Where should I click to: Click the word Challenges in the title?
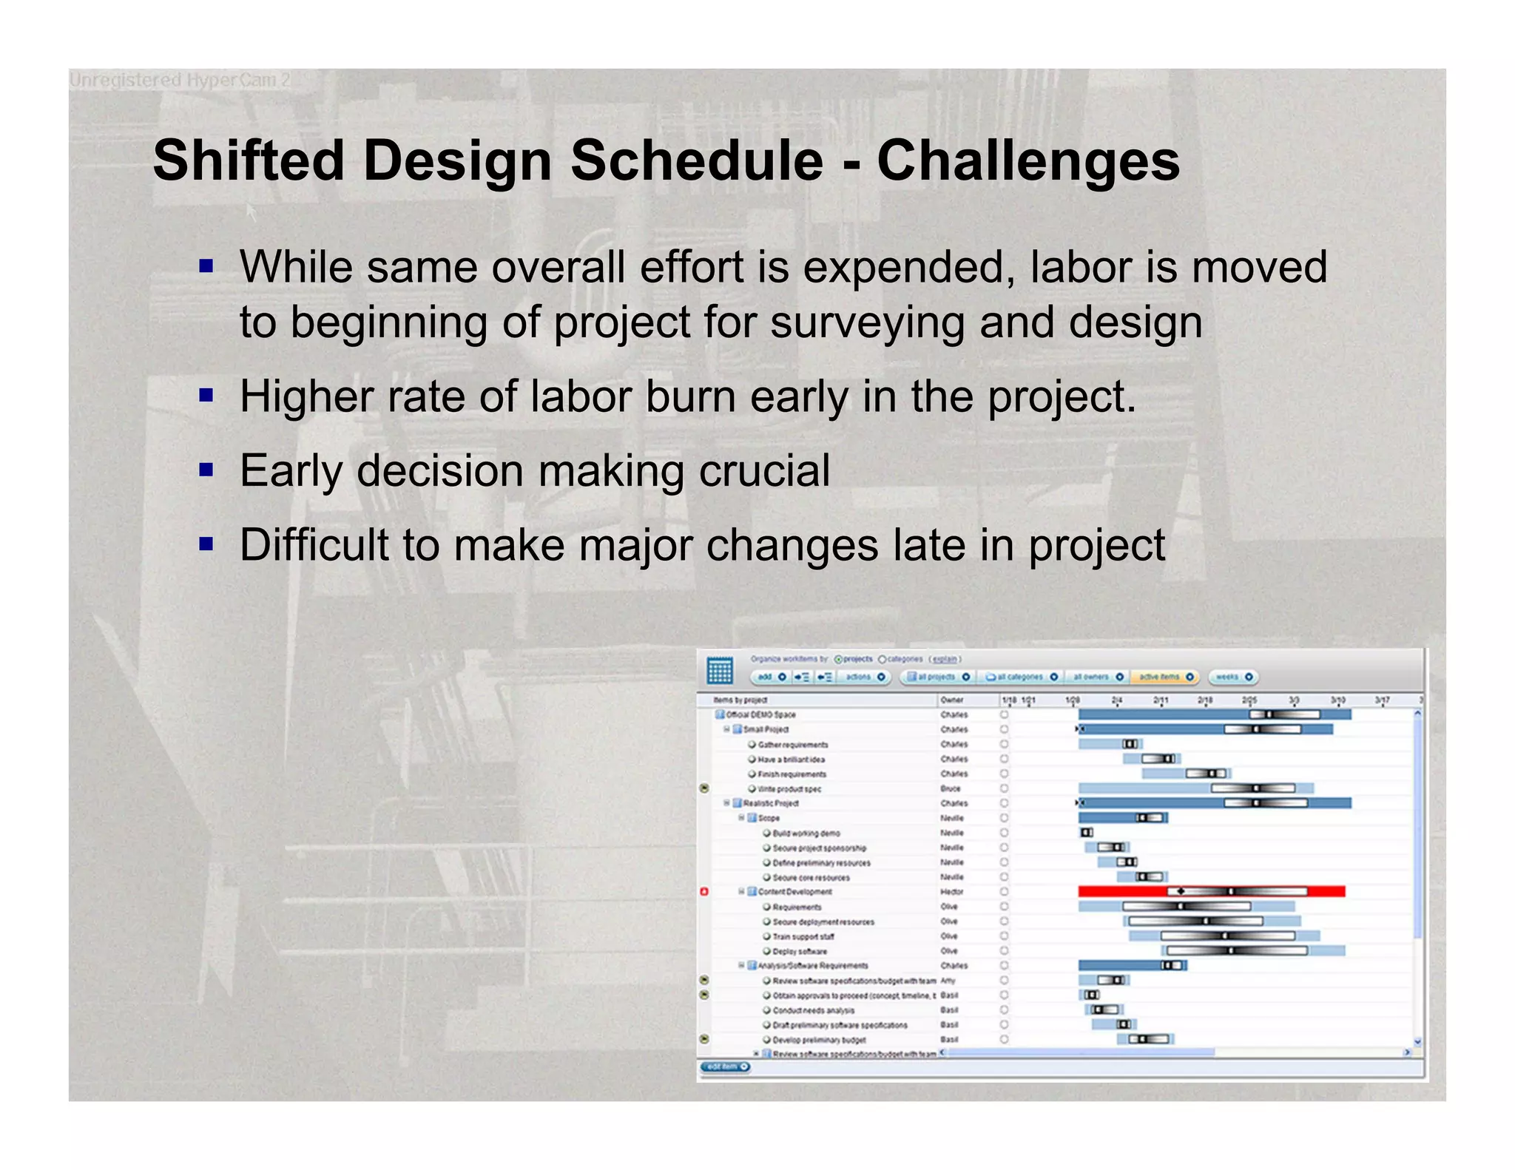[1028, 161]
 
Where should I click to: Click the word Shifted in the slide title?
[249, 161]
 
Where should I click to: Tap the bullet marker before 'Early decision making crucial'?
[206, 470]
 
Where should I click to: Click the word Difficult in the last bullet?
[314, 545]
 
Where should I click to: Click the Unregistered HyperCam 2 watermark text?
[180, 80]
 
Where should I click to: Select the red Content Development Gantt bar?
[1210, 891]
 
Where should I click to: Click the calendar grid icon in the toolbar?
[719, 671]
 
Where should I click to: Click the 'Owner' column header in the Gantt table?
[952, 700]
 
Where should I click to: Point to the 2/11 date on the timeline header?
[1161, 700]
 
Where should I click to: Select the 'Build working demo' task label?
[806, 833]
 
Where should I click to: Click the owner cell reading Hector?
[951, 892]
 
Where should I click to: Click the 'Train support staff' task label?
[803, 936]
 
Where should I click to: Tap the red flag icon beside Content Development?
[704, 892]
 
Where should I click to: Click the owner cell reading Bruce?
[951, 788]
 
